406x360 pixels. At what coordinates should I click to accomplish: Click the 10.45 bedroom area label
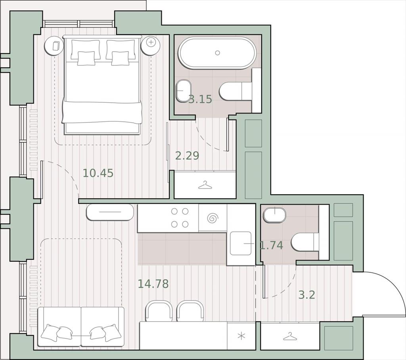(98, 173)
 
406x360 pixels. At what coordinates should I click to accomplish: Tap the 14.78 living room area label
(153, 283)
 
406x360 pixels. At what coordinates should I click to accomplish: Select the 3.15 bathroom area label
(200, 99)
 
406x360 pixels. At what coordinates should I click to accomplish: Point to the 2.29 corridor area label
(187, 156)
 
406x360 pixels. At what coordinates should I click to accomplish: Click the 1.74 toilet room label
(271, 245)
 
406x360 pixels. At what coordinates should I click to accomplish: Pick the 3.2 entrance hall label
(307, 295)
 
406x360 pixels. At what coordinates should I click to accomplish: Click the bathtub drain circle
(218, 53)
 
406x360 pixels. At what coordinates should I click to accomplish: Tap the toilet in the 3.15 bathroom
(236, 91)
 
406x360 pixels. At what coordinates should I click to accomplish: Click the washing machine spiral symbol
(213, 218)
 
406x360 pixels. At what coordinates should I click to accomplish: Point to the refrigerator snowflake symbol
(241, 336)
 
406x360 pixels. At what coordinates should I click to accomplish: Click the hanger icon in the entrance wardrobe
(290, 337)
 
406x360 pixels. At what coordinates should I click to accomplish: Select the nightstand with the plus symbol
(151, 45)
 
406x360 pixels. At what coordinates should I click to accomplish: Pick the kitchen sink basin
(241, 243)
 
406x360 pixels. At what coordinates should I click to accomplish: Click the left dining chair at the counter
(159, 311)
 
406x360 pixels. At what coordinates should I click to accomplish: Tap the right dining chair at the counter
(190, 311)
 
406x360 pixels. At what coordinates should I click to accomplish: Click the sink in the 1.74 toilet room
(275, 215)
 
